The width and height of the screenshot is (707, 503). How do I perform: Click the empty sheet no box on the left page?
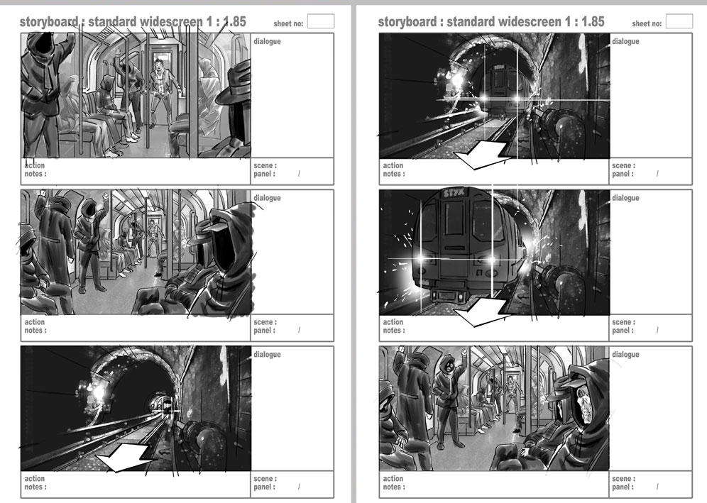click(321, 21)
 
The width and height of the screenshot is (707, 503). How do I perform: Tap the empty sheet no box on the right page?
click(679, 21)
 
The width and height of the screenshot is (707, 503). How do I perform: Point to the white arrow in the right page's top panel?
click(481, 154)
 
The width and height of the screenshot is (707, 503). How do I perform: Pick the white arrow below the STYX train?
click(481, 311)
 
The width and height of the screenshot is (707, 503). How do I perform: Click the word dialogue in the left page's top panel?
click(267, 41)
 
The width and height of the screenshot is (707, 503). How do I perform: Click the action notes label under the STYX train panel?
click(394, 326)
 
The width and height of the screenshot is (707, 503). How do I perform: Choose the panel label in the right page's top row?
click(623, 174)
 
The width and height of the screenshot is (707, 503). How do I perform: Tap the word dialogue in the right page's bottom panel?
click(625, 355)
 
